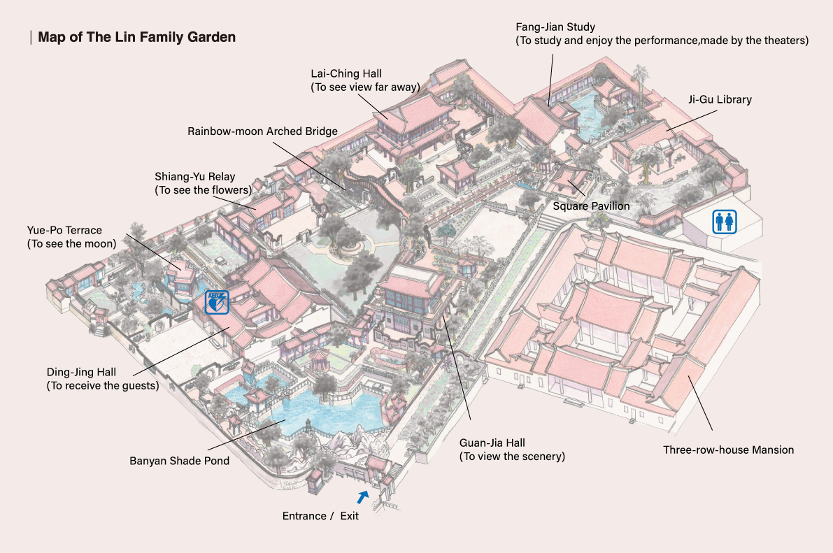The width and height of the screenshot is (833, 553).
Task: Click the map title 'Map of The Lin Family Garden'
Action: tap(136, 37)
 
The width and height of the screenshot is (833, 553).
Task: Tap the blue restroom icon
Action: tap(725, 222)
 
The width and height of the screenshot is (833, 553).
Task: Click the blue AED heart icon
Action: tap(218, 302)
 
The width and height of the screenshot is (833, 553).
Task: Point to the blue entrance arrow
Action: tap(363, 497)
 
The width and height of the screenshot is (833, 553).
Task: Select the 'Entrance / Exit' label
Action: tap(320, 516)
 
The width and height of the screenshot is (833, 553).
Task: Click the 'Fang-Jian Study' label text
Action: tap(555, 27)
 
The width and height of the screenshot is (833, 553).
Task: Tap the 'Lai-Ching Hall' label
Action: tap(346, 74)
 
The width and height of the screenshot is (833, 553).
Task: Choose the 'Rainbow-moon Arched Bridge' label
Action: tap(262, 131)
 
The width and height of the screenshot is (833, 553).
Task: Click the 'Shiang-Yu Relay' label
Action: tap(195, 176)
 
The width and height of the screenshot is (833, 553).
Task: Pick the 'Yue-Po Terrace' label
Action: tap(64, 230)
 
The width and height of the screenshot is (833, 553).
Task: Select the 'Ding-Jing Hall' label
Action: tap(81, 373)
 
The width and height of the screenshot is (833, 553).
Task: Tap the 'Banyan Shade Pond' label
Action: tap(180, 461)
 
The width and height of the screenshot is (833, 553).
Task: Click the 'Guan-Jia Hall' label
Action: tap(492, 443)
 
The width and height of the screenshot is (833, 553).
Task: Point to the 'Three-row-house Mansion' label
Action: tap(728, 450)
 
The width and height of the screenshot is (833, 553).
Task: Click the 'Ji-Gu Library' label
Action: tap(720, 99)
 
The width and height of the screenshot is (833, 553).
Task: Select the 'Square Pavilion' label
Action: tap(591, 206)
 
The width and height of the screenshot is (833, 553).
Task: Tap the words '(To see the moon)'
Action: tap(72, 244)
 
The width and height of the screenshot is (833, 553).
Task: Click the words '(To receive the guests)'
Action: tap(103, 386)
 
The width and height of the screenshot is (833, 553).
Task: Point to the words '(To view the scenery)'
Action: tap(512, 457)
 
